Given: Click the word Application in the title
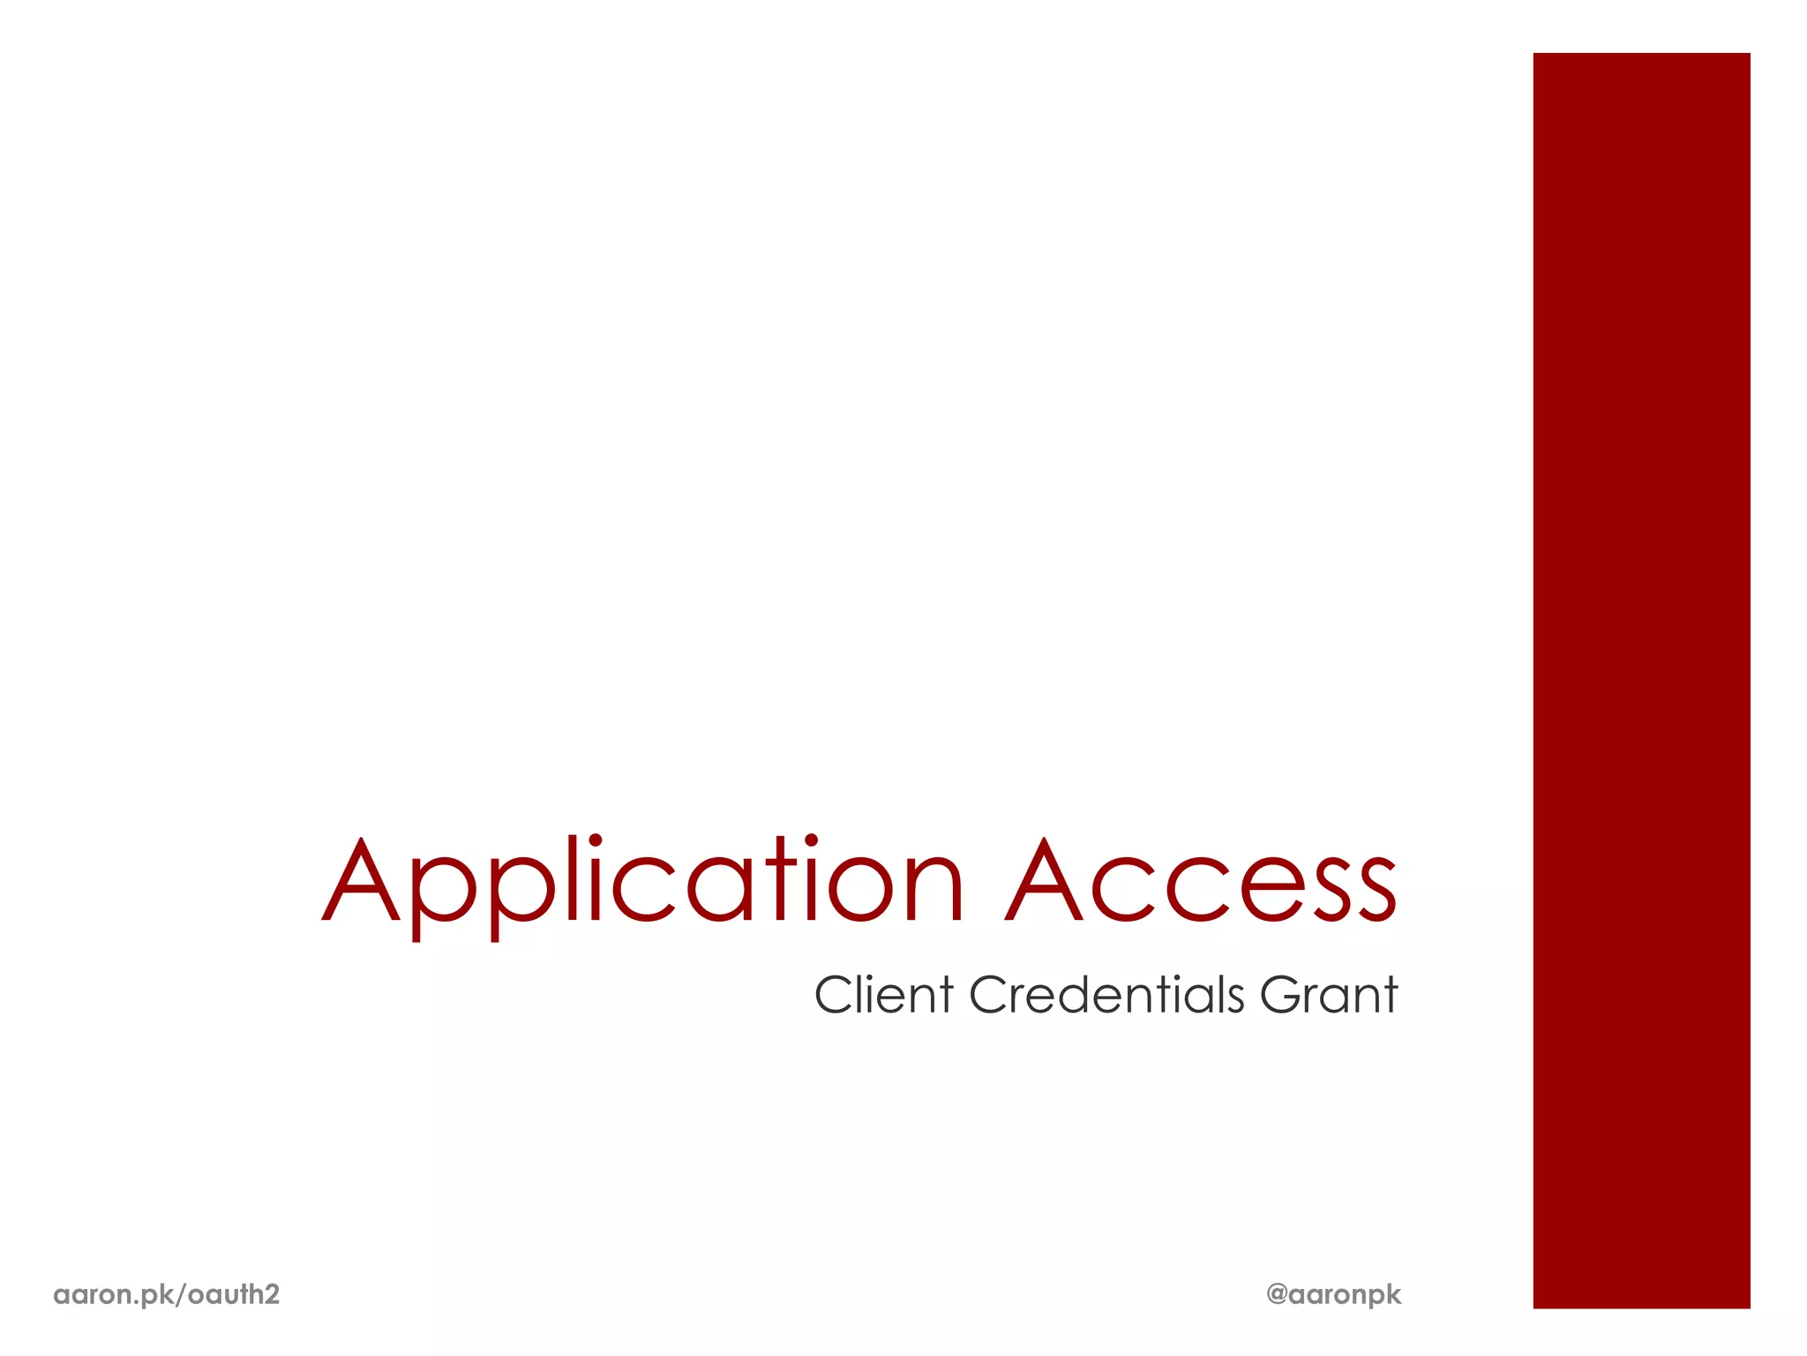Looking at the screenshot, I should (642, 883).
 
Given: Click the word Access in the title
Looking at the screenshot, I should (1201, 883).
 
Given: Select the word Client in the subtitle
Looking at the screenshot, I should (883, 995).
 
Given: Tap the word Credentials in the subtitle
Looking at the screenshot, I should (1106, 995).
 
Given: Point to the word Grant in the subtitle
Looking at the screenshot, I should (1329, 995).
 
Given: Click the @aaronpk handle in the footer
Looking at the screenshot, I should (1333, 1294).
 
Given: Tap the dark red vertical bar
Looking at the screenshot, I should (1641, 680).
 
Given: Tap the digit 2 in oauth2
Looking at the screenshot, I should (272, 1294).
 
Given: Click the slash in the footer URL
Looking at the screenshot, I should (182, 1295).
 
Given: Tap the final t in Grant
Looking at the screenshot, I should (1390, 996).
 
